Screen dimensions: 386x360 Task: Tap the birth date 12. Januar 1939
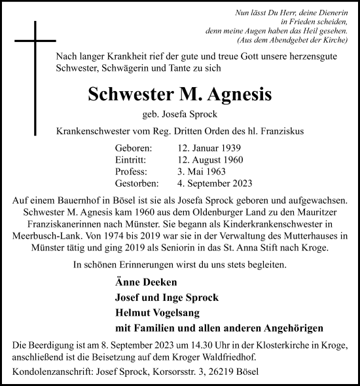(x=200, y=149)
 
